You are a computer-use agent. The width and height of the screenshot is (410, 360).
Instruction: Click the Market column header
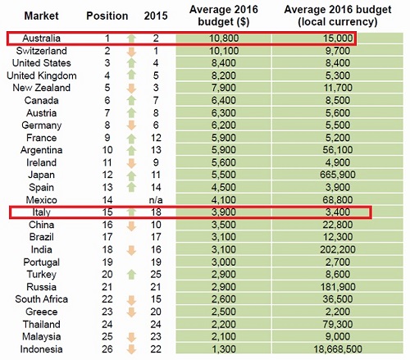tap(41, 16)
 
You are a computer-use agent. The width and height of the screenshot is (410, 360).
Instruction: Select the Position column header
tap(107, 16)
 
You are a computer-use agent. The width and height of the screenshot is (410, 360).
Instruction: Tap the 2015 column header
tap(156, 16)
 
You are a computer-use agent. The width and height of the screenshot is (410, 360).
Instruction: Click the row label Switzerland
tap(41, 51)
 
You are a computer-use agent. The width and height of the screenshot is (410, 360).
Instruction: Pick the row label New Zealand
tap(41, 88)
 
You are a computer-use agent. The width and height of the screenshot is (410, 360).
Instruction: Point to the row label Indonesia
tap(41, 349)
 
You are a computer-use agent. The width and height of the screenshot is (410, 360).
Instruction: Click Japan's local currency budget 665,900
tap(338, 175)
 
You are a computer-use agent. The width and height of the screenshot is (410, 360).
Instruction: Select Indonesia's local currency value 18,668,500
tap(338, 349)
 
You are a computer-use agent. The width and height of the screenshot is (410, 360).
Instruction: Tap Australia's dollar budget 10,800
tap(224, 39)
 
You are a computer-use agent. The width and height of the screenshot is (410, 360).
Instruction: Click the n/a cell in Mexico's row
tap(156, 200)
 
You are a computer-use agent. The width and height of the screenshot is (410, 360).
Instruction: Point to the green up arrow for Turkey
tap(131, 275)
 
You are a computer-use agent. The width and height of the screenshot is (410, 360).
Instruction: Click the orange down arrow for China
tap(131, 226)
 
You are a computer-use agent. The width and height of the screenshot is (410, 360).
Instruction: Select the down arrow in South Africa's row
tap(131, 301)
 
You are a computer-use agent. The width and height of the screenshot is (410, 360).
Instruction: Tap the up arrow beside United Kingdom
tap(131, 75)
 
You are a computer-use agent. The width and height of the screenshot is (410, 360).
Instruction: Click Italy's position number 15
tap(107, 212)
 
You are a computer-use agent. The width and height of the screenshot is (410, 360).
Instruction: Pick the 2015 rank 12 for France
tap(156, 138)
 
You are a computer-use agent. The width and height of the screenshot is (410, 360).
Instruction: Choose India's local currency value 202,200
tap(338, 249)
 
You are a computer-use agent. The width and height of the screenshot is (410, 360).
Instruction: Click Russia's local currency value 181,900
tap(338, 287)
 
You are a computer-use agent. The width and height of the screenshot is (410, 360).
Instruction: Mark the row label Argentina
tap(41, 150)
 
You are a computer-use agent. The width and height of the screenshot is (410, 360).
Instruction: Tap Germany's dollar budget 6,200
tap(224, 125)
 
